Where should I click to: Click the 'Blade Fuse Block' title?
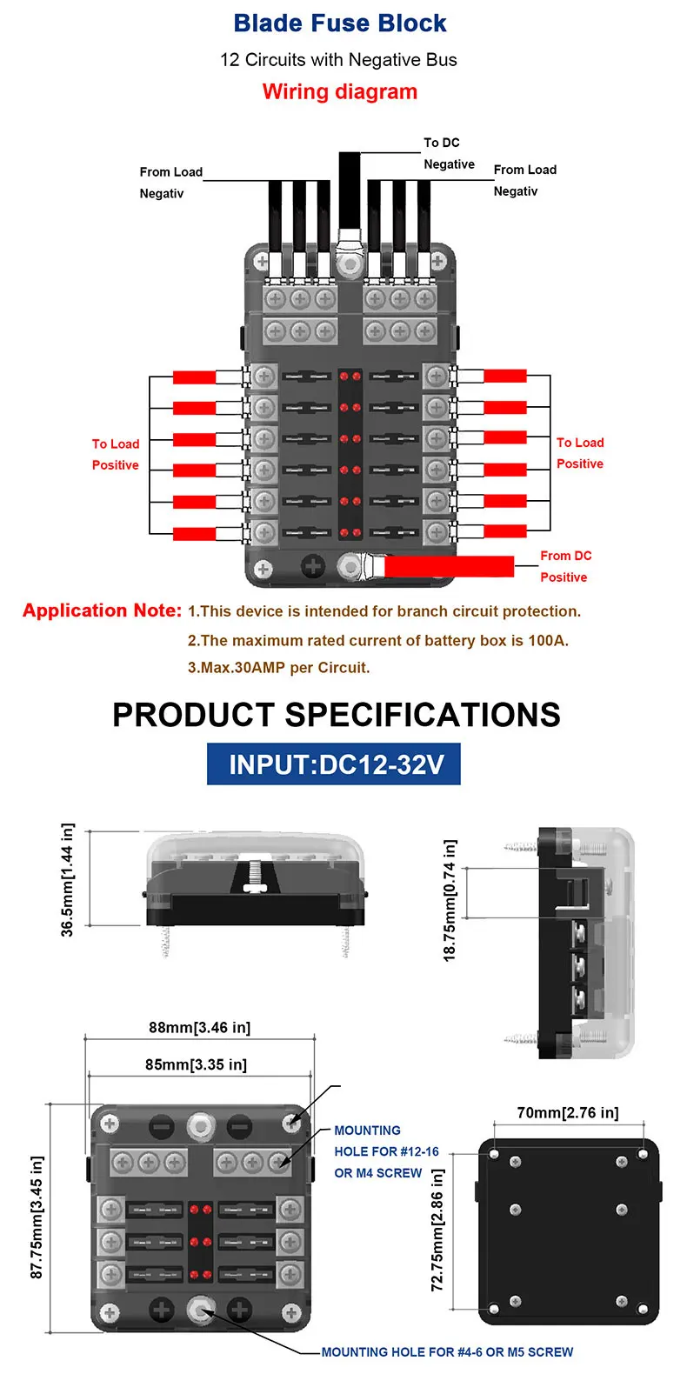340,23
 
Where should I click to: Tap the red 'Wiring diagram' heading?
340,92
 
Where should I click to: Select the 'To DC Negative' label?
449,153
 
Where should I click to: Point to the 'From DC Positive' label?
565,566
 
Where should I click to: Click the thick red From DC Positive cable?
449,567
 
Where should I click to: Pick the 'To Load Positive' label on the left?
116,454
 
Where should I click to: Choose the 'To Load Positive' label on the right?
580,453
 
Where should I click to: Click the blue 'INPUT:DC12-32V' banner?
334,764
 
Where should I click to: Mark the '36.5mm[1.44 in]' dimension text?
68,879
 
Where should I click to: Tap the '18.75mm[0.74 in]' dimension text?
450,899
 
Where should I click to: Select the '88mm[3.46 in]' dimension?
199,1028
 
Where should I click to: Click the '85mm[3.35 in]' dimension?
196,1064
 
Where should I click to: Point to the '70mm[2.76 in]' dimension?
568,1113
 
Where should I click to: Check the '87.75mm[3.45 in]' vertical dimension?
37,1217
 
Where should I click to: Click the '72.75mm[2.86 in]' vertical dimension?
437,1229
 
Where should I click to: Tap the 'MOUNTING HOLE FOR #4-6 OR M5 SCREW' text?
447,1352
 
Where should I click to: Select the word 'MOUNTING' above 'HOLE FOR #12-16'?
367,1131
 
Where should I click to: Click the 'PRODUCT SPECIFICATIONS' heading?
337,715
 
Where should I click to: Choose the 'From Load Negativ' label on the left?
170,183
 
